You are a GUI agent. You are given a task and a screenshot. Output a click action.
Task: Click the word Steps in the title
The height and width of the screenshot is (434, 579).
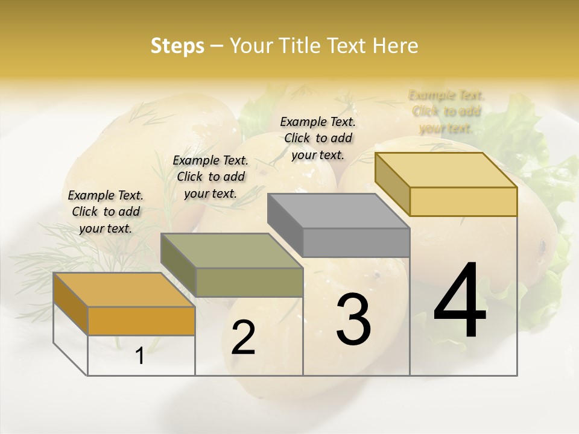click(177, 46)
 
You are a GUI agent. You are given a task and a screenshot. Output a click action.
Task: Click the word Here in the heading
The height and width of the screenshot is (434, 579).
click(396, 46)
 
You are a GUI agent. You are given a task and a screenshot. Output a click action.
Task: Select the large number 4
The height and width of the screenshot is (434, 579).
click(460, 301)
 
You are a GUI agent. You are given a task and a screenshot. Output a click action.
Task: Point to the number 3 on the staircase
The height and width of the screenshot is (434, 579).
click(353, 319)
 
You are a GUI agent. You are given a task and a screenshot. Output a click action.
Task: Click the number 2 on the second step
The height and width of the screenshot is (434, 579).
click(243, 338)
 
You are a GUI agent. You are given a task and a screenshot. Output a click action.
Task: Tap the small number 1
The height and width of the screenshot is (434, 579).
click(140, 356)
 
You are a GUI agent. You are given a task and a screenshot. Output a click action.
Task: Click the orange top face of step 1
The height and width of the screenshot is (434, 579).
click(124, 289)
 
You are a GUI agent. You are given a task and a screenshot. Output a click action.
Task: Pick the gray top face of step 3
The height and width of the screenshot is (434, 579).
click(338, 211)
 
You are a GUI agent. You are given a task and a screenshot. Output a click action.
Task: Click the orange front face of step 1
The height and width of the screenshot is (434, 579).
click(141, 321)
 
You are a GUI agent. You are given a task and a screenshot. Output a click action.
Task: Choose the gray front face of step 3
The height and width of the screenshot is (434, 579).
click(356, 243)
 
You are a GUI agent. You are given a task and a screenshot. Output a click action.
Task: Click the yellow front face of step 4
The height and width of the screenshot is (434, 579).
click(463, 201)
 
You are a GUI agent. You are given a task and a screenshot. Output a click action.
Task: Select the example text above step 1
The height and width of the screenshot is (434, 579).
click(106, 212)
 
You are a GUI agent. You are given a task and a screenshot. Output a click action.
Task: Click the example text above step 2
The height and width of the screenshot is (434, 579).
click(210, 177)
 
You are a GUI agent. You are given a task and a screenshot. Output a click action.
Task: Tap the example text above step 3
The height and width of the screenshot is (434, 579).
click(318, 138)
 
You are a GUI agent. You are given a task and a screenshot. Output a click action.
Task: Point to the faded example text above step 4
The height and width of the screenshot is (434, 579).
click(446, 112)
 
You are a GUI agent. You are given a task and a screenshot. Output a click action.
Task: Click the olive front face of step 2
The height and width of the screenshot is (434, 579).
click(249, 282)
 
